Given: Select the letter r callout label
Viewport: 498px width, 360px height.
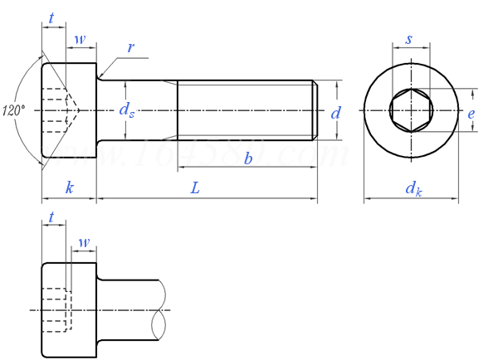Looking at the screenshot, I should point(130,47).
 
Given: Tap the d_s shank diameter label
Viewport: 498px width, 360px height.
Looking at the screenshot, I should point(126,110).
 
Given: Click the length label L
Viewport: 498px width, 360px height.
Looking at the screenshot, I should point(195,189).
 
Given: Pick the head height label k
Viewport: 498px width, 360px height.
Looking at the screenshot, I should point(69,189).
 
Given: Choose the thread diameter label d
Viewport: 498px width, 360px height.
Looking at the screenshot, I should point(335,113).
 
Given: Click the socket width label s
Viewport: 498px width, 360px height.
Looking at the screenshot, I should point(410,40).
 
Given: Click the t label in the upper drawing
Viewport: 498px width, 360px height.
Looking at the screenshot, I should point(52,18).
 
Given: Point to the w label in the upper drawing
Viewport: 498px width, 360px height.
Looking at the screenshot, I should point(79,39).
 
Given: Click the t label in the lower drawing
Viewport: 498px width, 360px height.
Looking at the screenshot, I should point(52,217).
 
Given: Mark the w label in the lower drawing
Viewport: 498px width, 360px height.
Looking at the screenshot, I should point(83,241).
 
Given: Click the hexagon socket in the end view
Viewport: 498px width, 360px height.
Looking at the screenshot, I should point(411,110).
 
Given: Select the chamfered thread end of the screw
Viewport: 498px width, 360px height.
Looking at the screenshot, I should point(315,109).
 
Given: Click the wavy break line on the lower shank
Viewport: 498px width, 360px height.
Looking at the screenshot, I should point(161,309).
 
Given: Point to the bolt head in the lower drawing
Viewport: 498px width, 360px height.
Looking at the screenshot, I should point(69,309).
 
